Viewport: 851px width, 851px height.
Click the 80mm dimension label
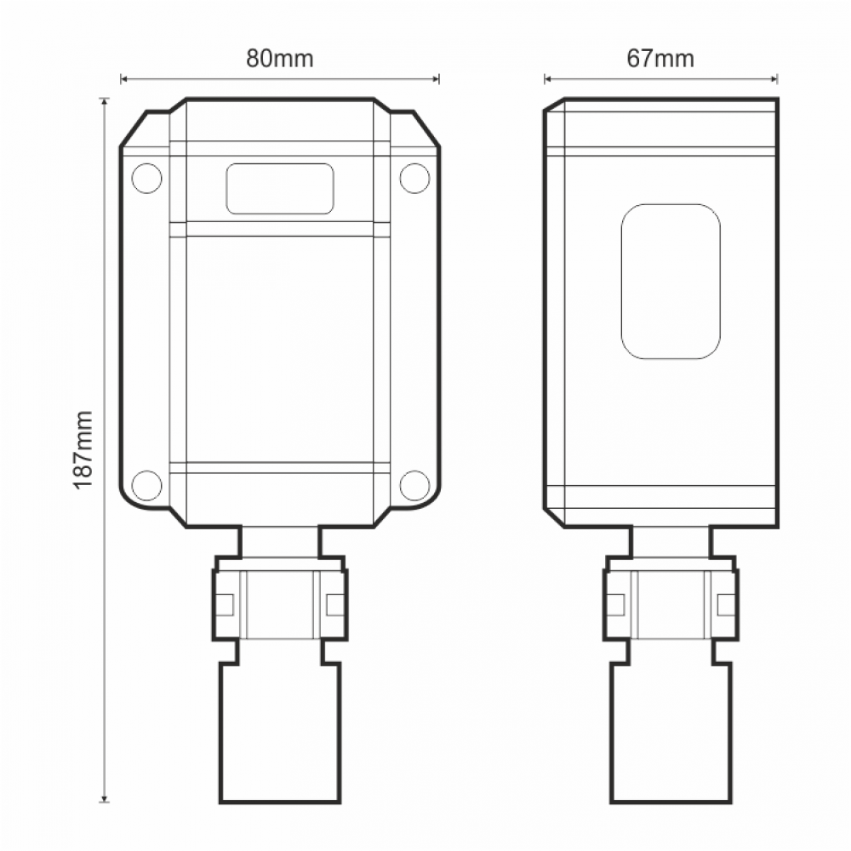pyautogui.click(x=280, y=59)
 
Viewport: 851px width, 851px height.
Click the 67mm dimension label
pyautogui.click(x=660, y=59)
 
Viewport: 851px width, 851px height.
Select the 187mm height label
pyautogui.click(x=83, y=449)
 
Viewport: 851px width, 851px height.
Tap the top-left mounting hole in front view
pyautogui.click(x=146, y=176)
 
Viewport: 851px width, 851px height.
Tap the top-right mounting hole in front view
pyautogui.click(x=414, y=176)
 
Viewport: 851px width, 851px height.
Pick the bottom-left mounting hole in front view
pyautogui.click(x=146, y=485)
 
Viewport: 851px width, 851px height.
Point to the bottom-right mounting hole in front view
pyautogui.click(x=414, y=485)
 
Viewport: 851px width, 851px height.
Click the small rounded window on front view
pyautogui.click(x=280, y=188)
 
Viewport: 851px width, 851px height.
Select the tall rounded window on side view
pyautogui.click(x=671, y=282)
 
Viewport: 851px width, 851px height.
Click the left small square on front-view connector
pyautogui.click(x=225, y=604)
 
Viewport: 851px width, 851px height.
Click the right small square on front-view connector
pyautogui.click(x=335, y=604)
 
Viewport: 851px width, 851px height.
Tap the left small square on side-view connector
pyautogui.click(x=616, y=604)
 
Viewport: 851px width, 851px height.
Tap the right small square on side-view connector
pyautogui.click(x=726, y=604)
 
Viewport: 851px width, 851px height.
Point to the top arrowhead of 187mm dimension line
pyautogui.click(x=105, y=101)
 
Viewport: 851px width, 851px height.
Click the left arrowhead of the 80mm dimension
pyautogui.click(x=124, y=79)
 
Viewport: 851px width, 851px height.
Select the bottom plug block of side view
pyautogui.click(x=671, y=732)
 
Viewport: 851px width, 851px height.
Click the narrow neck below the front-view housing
pyautogui.click(x=280, y=541)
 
